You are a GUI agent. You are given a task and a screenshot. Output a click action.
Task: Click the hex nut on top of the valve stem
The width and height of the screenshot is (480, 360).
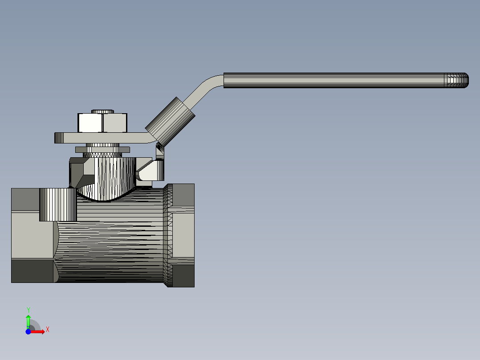(103, 123)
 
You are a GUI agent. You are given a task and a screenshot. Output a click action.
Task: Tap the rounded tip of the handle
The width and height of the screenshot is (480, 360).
(464, 80)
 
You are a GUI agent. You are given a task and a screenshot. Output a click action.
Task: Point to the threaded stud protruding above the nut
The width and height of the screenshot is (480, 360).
(103, 111)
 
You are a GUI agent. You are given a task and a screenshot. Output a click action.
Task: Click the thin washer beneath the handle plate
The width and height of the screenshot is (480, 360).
(102, 149)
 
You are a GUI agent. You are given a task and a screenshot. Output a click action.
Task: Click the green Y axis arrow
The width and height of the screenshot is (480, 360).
(28, 320)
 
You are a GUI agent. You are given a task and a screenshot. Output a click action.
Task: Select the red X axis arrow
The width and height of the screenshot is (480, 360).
(39, 331)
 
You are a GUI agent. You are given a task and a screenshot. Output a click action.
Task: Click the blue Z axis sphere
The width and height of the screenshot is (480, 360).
(28, 331)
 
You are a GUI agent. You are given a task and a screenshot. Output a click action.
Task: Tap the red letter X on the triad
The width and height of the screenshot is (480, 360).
(47, 330)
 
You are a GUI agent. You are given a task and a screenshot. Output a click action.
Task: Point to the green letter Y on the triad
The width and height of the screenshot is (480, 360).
(28, 309)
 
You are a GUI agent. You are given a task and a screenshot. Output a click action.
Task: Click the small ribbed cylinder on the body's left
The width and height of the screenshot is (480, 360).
(58, 205)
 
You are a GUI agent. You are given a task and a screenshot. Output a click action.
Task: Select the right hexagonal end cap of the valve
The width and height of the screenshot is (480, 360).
(182, 235)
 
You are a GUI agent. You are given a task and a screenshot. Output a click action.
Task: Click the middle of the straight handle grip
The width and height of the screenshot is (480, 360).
(334, 80)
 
